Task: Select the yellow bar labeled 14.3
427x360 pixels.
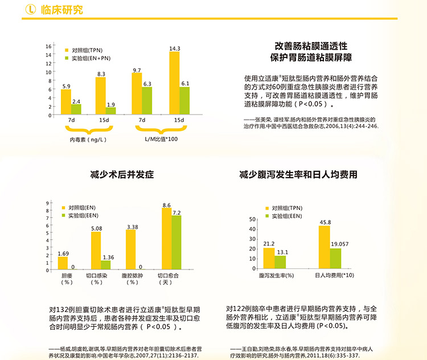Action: [x=174, y=83]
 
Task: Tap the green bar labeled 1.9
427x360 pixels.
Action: [x=110, y=111]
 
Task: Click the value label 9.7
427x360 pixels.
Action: [x=137, y=70]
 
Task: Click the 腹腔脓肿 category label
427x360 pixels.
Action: [x=132, y=276]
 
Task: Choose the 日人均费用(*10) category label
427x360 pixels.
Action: [x=334, y=276]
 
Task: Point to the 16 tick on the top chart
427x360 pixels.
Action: [x=49, y=46]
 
